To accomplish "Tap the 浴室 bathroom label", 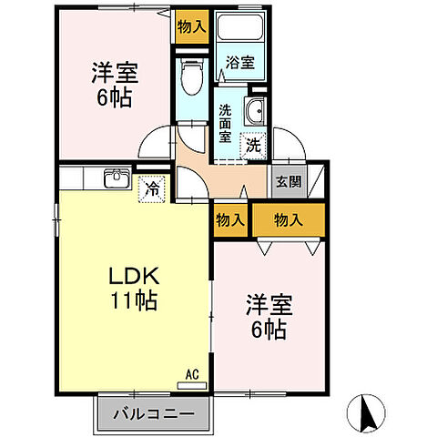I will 240,65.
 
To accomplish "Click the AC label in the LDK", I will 192,372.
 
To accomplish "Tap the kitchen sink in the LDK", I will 116,178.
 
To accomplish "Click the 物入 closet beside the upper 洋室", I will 191,27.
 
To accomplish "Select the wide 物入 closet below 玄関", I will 289,219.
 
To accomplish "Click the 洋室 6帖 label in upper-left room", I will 113,85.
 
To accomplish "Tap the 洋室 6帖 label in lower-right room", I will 266,318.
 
